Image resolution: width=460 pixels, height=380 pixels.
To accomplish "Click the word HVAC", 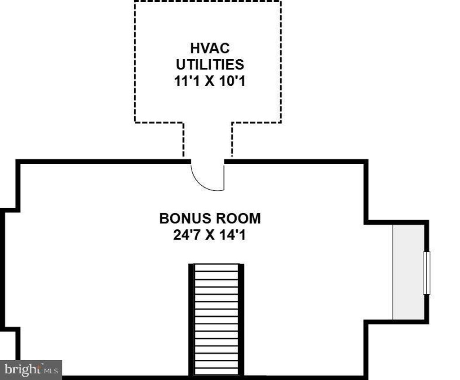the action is (210, 48).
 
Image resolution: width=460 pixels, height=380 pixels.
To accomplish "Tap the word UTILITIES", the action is (210, 65).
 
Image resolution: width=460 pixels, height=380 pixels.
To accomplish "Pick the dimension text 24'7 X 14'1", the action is (209, 235).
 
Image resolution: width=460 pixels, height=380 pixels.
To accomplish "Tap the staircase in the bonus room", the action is (216, 319).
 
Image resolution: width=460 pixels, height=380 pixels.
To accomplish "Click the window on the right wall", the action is (427, 273).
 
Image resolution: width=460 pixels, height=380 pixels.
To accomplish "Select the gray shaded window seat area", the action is (408, 272).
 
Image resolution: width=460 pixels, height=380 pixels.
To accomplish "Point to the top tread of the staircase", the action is (216, 268).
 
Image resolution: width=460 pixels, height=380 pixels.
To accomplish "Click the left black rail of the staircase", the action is (191, 319).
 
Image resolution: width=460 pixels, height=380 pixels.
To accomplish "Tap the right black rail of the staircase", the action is (241, 319).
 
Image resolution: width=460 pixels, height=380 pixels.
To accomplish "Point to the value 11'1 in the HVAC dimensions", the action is (187, 81).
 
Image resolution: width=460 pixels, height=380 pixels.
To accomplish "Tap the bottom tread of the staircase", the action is (216, 371).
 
